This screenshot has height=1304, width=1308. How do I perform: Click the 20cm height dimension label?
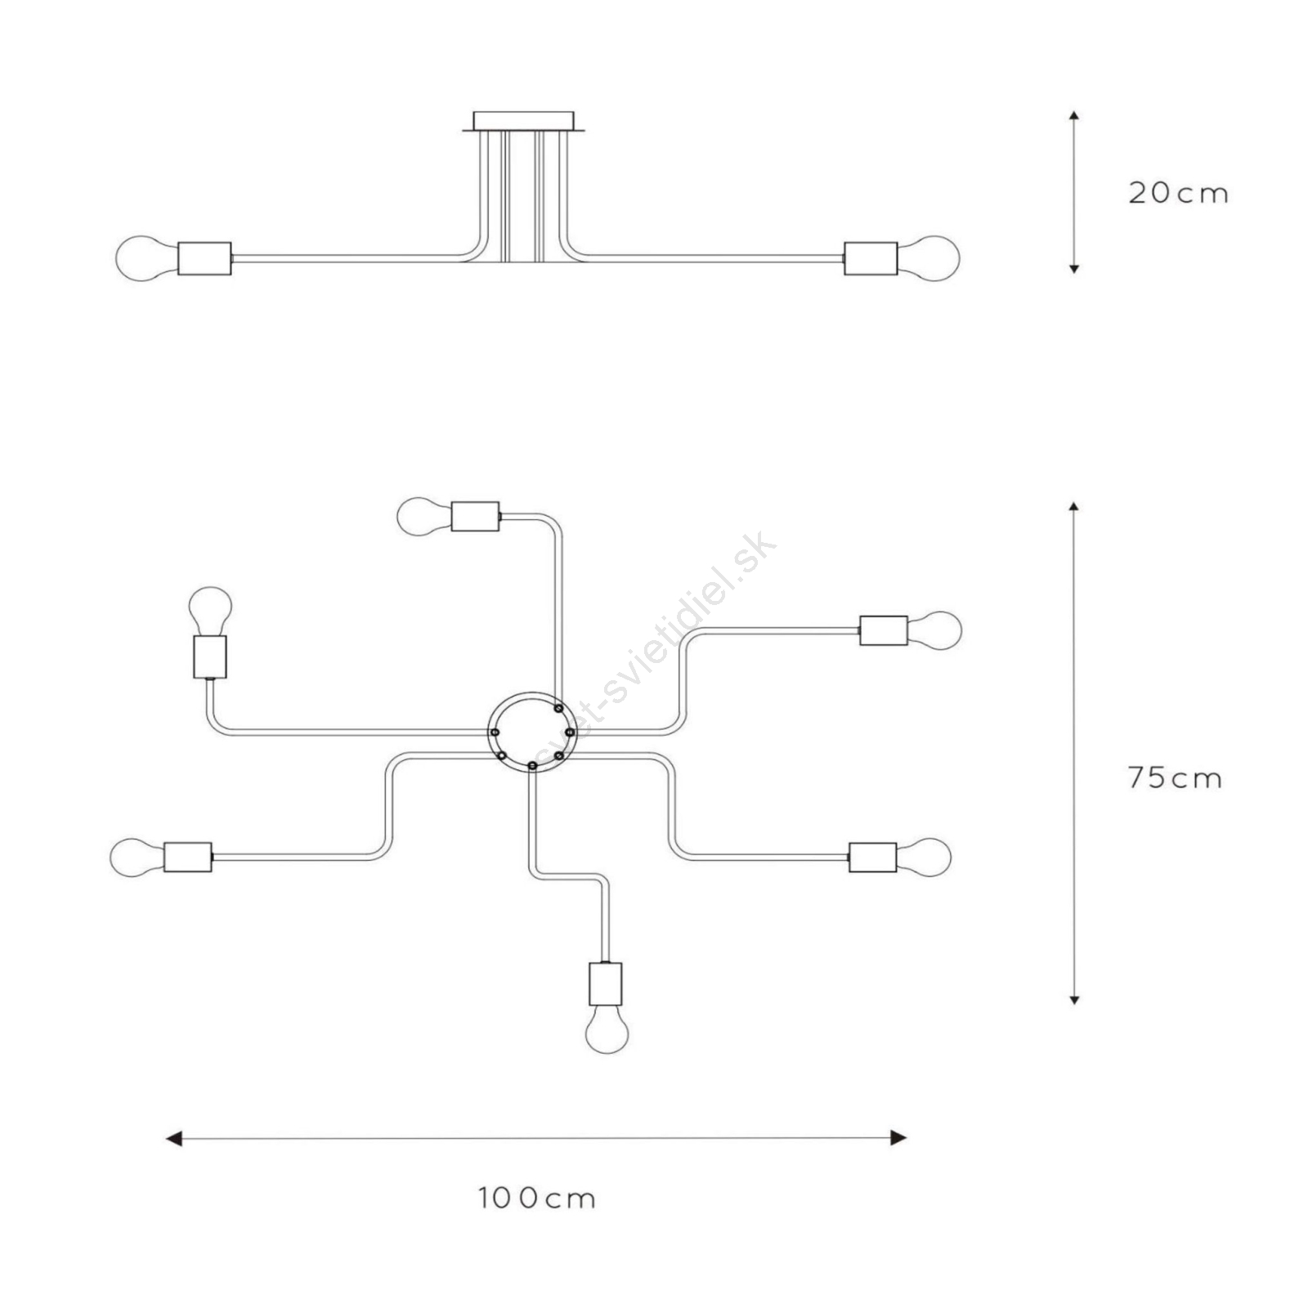[x=1178, y=193]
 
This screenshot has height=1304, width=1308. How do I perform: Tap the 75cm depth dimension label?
[x=1175, y=777]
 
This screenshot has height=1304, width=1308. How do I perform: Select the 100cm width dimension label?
[x=537, y=1199]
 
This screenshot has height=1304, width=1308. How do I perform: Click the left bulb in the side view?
[x=147, y=258]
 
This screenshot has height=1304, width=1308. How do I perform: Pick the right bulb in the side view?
[x=929, y=258]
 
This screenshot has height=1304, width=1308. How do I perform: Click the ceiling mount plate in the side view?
[x=523, y=121]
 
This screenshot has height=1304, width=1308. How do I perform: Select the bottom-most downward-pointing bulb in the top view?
[x=607, y=1029]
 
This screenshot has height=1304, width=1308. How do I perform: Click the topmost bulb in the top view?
[x=424, y=517]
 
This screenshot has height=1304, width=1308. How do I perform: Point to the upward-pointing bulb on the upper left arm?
[x=210, y=611]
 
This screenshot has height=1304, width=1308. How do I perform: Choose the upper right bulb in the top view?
[x=934, y=630]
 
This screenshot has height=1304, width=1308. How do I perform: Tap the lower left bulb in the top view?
[x=137, y=857]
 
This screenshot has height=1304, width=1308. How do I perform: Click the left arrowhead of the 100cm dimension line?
[x=173, y=1138]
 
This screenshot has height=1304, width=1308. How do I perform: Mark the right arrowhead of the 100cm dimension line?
[x=898, y=1138]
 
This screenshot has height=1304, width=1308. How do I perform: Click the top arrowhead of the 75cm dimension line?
[x=1074, y=507]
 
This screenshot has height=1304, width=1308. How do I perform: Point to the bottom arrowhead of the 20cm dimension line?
[x=1074, y=268]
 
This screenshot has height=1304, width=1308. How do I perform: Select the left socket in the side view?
[x=204, y=258]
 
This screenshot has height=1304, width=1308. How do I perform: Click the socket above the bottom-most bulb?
[x=606, y=984]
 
